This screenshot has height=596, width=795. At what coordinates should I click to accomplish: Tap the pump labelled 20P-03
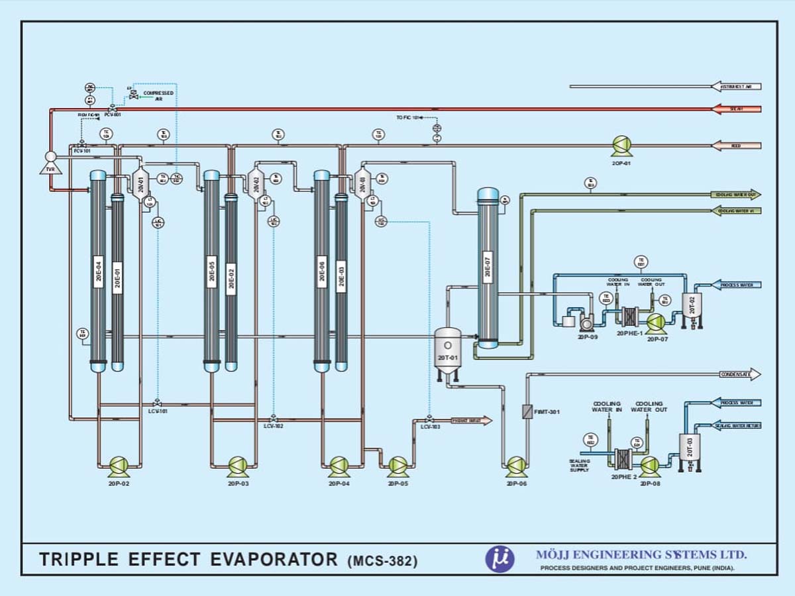click(x=238, y=465)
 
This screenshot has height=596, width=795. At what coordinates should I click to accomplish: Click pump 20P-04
click(x=339, y=465)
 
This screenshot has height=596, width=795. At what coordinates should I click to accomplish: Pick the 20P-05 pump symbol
click(x=397, y=465)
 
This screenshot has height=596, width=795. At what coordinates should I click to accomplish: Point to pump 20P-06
click(x=516, y=465)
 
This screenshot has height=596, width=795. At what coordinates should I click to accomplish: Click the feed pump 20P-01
click(x=621, y=145)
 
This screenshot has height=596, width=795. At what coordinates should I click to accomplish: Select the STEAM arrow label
click(x=736, y=109)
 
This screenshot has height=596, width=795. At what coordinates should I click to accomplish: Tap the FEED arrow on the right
click(x=736, y=146)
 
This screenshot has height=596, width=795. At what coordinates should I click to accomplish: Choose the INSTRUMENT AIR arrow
click(x=736, y=87)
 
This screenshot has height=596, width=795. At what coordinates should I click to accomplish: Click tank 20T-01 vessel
click(x=448, y=351)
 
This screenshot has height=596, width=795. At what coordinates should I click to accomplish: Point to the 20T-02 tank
click(x=692, y=307)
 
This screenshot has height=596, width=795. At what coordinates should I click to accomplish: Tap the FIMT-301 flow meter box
click(x=527, y=411)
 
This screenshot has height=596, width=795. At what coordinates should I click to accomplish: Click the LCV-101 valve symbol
click(x=157, y=403)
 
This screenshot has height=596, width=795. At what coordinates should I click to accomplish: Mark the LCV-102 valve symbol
click(x=273, y=418)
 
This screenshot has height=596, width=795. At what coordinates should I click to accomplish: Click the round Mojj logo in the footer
click(x=500, y=558)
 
